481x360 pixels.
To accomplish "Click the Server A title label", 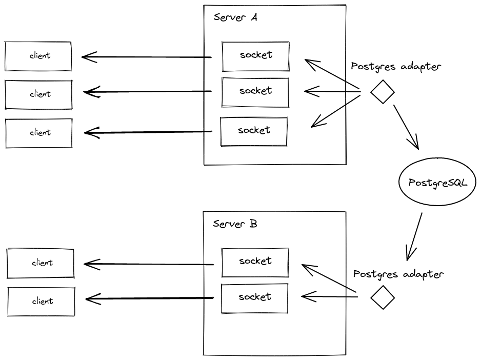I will click(235, 17).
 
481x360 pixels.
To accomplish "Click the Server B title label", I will click(235, 224).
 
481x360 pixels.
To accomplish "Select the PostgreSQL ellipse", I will click(437, 183).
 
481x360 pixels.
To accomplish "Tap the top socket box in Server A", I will click(255, 55).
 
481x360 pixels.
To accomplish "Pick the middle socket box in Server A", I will click(255, 92).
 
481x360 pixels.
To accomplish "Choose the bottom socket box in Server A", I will click(254, 131).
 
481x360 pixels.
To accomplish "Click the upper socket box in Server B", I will click(255, 262).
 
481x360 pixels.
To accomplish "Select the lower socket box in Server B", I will click(254, 298).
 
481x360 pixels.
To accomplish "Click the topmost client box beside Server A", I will click(38, 56).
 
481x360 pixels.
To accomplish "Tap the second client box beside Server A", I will click(39, 94).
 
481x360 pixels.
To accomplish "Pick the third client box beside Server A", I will click(39, 133).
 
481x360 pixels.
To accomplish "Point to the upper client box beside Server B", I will click(41, 263).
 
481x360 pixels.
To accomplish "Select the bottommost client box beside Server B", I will click(41, 301).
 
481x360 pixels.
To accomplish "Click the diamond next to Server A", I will click(383, 92).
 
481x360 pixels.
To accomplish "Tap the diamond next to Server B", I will click(383, 297).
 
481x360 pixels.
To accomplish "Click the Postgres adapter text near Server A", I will click(396, 67).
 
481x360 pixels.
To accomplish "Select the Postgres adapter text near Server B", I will click(398, 274).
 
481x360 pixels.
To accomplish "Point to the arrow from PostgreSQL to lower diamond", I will click(414, 236).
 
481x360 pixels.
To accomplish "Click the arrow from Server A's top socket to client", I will click(147, 57).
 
